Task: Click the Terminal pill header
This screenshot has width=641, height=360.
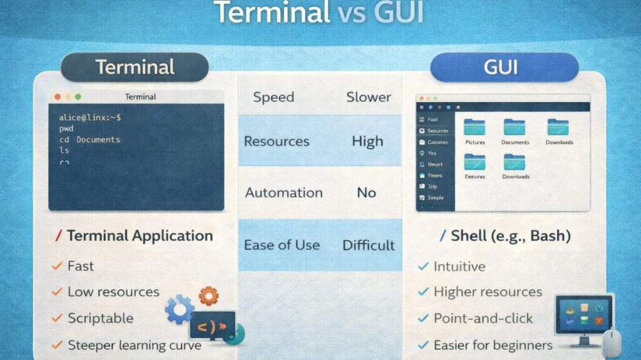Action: pyautogui.click(x=134, y=67)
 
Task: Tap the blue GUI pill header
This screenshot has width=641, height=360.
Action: pyautogui.click(x=505, y=67)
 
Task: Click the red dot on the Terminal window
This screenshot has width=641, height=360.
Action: pyautogui.click(x=58, y=97)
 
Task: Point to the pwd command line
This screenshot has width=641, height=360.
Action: pyautogui.click(x=66, y=128)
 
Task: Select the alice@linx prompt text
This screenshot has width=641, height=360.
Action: pyautogui.click(x=90, y=117)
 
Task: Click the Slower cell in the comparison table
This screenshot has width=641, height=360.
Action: pyautogui.click(x=368, y=97)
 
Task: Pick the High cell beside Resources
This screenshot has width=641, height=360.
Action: pyautogui.click(x=367, y=141)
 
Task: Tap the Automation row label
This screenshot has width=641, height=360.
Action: pyautogui.click(x=284, y=192)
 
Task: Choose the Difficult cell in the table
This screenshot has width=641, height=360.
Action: pyautogui.click(x=368, y=245)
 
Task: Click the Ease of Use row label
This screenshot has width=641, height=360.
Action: pyautogui.click(x=282, y=245)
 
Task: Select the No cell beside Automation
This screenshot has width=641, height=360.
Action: pyautogui.click(x=367, y=192)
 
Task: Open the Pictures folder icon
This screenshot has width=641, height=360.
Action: pyautogui.click(x=475, y=128)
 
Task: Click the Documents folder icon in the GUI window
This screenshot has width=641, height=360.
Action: pyautogui.click(x=515, y=128)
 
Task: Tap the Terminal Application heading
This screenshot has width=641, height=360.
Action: pyautogui.click(x=140, y=236)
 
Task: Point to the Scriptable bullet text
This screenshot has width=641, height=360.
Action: pyautogui.click(x=100, y=318)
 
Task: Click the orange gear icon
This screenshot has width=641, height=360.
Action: pyautogui.click(x=208, y=294)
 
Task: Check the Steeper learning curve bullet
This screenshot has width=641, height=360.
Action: pyautogui.click(x=135, y=345)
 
